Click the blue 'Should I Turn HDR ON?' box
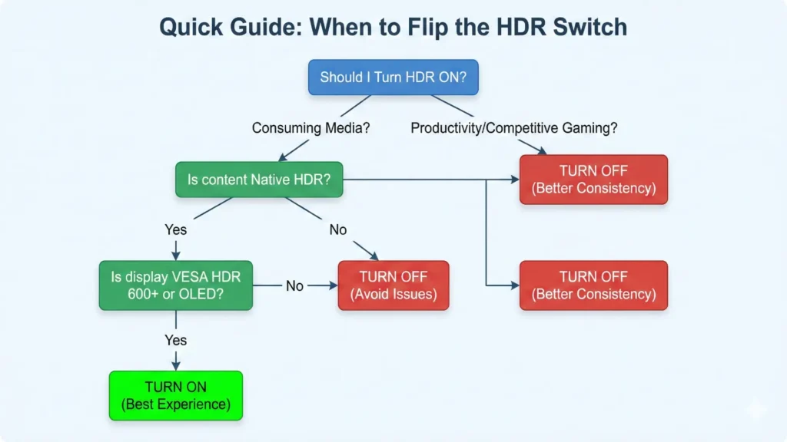tap(393, 78)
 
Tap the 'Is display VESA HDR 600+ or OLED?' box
tap(175, 285)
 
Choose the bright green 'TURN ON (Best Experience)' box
tap(175, 395)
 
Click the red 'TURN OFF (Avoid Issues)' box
tap(393, 285)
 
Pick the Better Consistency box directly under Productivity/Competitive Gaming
tap(593, 180)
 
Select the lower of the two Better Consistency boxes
tap(593, 285)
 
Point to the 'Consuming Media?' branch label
tap(310, 128)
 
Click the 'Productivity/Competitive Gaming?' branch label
tap(513, 128)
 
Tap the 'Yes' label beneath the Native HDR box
tap(175, 229)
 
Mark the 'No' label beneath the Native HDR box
tap(338, 229)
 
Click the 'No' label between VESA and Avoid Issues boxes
tap(294, 285)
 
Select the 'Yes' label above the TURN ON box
tap(175, 340)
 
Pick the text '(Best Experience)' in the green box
tap(175, 404)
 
